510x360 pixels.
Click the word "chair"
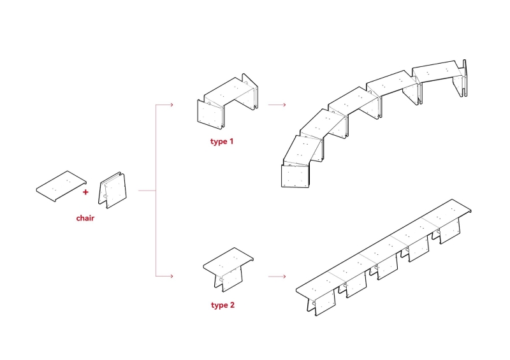[85, 219]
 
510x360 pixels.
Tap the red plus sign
[85, 191]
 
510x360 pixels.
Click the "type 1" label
[222, 141]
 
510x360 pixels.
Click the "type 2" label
[222, 305]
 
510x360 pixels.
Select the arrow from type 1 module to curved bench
[276, 104]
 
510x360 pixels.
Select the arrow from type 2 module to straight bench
[276, 277]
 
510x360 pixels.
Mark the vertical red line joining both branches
[156, 191]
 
